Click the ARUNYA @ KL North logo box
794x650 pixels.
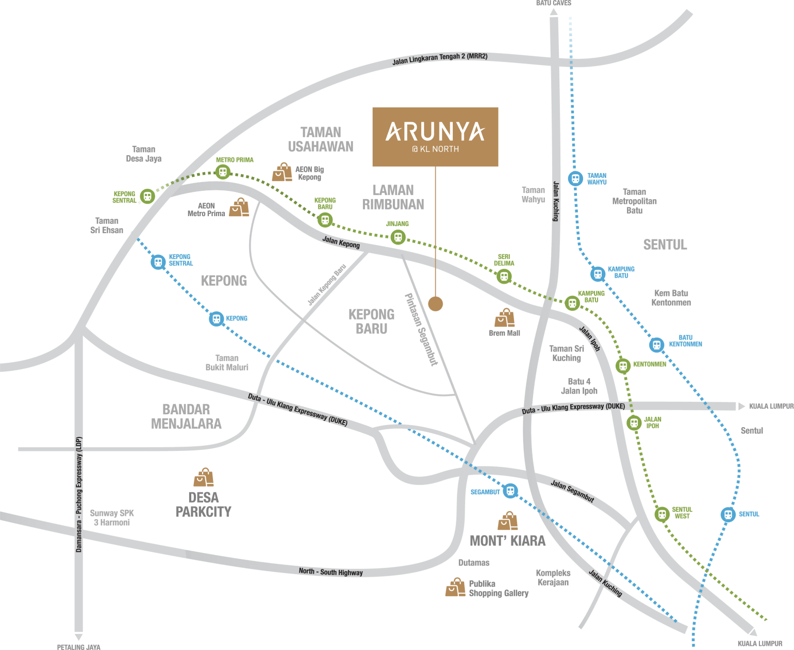(x=435, y=137)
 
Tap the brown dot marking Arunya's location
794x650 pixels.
(x=435, y=304)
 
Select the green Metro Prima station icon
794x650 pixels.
(x=223, y=172)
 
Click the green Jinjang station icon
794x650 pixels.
(x=398, y=237)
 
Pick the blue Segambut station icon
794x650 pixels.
(x=510, y=491)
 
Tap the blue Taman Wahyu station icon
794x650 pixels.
(x=575, y=178)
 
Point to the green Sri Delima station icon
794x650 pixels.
(x=504, y=276)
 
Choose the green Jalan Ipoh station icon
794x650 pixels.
(x=634, y=423)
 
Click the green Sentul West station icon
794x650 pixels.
(x=662, y=515)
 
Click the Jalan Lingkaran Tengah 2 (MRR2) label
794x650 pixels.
(x=439, y=59)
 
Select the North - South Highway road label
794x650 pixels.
(x=331, y=572)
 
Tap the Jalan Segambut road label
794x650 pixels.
(x=572, y=491)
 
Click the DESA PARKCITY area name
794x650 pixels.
(x=203, y=505)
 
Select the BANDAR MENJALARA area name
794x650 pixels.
(x=186, y=417)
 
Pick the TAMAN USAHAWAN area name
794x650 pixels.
(x=321, y=140)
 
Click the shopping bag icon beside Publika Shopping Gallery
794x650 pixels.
(x=455, y=588)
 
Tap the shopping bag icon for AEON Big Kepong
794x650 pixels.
(x=282, y=172)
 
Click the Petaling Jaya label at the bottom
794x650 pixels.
(x=79, y=646)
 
